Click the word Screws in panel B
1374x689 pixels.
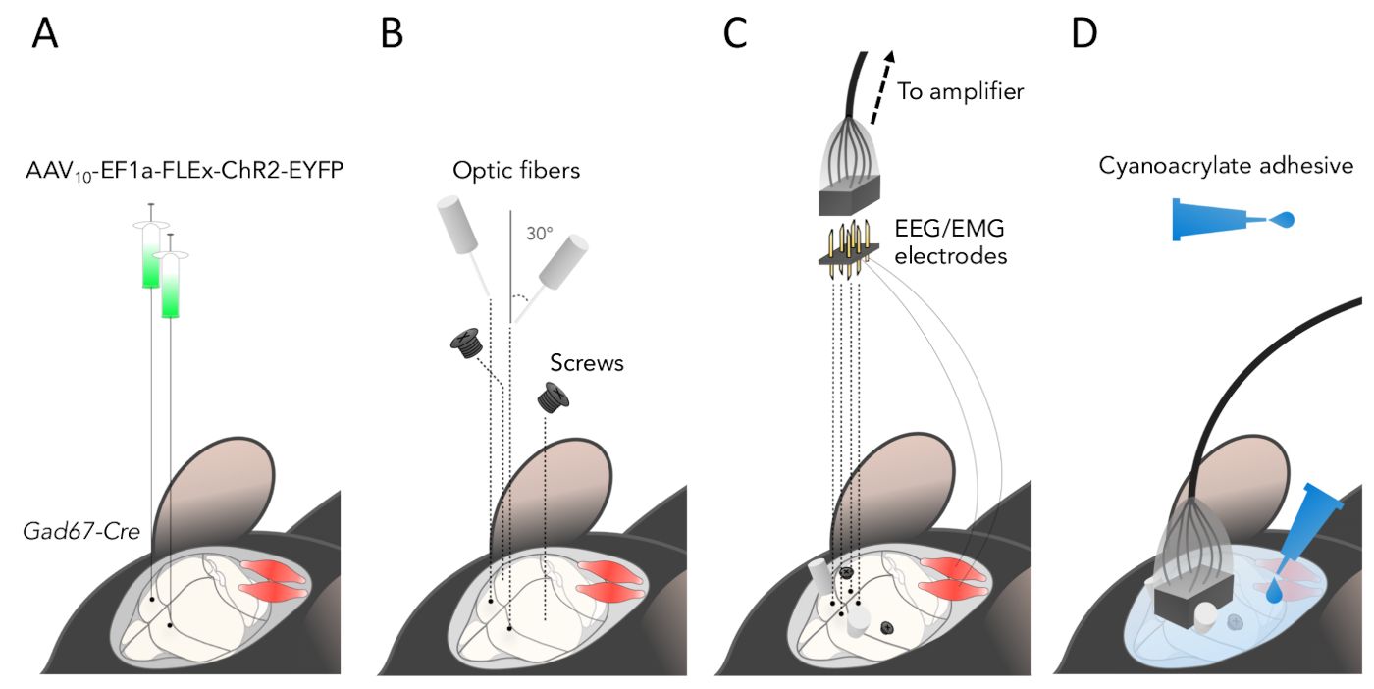tap(587, 363)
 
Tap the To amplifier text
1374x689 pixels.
tap(961, 93)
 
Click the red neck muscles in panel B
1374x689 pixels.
tap(611, 581)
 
